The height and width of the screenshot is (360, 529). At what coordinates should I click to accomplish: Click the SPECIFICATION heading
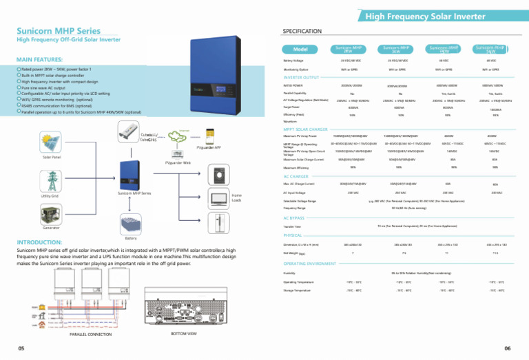[302, 32]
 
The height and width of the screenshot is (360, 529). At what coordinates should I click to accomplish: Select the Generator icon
[50, 218]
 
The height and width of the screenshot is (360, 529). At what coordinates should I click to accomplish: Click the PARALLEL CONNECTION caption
[90, 334]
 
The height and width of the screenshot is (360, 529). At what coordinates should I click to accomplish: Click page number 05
[22, 348]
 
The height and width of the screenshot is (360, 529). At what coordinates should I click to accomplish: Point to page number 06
[507, 348]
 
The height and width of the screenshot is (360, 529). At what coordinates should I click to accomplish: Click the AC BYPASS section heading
[298, 218]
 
